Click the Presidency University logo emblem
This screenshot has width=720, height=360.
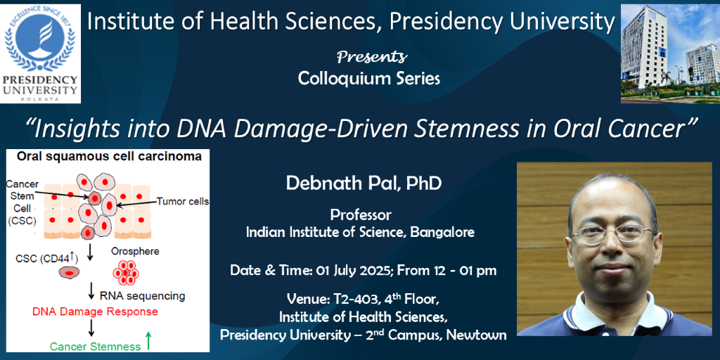[40, 40]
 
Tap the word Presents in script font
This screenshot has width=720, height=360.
[372, 57]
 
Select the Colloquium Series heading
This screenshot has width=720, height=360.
[368, 79]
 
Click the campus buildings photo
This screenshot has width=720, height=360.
[670, 53]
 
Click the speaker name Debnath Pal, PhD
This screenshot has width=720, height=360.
[364, 184]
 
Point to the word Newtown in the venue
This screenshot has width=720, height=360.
[477, 335]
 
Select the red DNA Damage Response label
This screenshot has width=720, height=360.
[95, 311]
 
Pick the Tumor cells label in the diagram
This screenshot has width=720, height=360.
[182, 200]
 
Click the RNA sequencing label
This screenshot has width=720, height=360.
[142, 295]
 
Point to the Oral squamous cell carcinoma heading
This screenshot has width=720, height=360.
[109, 157]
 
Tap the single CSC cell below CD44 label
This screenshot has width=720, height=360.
[70, 274]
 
